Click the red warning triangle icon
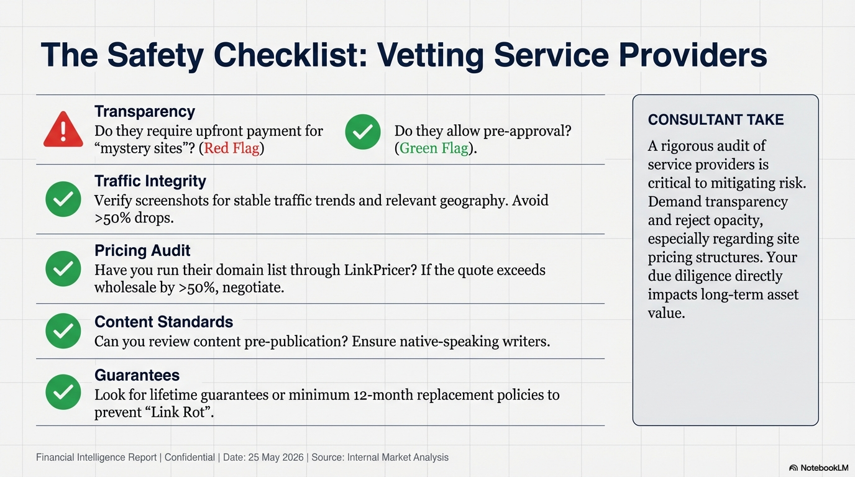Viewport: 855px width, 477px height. pos(63,130)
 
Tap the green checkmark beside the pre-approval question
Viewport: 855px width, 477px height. pos(362,132)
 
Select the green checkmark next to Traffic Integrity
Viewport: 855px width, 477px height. pos(63,199)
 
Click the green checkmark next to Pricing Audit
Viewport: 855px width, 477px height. pos(63,269)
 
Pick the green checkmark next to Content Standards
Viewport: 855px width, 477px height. pos(63,331)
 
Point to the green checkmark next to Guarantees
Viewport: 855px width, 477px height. pos(63,392)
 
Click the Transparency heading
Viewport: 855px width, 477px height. pos(144,112)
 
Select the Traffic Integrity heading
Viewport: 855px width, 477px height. pos(150,181)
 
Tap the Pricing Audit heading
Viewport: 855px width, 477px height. pos(142,251)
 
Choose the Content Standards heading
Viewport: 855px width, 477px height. pos(163,322)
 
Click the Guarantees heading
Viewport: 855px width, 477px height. pos(137,375)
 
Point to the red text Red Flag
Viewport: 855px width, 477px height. pos(231,148)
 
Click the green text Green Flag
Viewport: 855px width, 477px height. pos(433,148)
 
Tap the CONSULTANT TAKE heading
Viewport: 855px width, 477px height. pos(715,120)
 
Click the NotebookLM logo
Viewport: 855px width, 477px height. pos(818,468)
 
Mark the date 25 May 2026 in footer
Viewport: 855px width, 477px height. pos(275,458)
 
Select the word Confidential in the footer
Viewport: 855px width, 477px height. pos(190,458)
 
